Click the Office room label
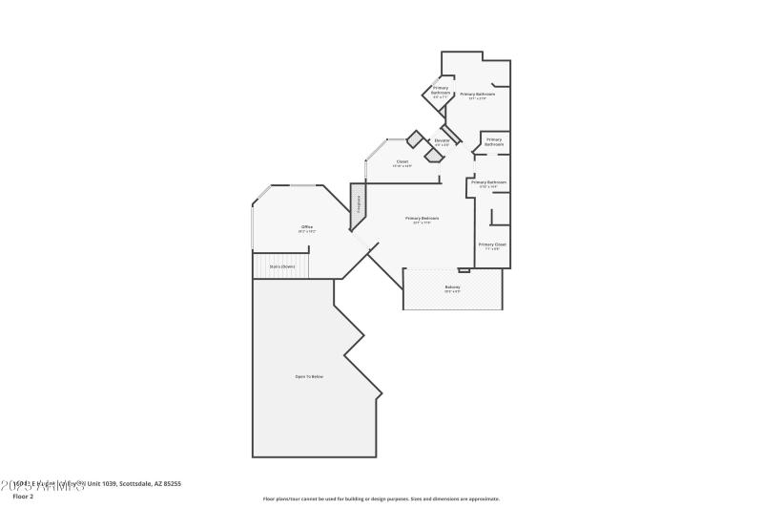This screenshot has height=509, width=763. (x=306, y=226)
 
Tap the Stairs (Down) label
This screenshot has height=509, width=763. (x=281, y=266)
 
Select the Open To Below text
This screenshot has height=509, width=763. (x=309, y=376)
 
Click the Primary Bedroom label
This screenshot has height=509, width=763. (x=422, y=218)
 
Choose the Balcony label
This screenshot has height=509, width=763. (x=452, y=286)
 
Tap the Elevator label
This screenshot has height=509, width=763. (x=442, y=140)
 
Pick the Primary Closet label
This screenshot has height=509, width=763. (x=492, y=244)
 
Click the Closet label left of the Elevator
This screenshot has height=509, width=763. (x=402, y=161)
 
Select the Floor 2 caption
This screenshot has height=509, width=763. (x=22, y=497)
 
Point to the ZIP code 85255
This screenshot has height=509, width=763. (x=171, y=484)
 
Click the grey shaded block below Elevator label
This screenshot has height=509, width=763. (x=435, y=154)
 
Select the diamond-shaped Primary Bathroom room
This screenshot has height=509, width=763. (x=440, y=93)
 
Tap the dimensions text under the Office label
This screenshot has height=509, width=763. (x=306, y=231)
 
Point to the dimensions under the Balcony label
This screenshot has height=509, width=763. (x=452, y=291)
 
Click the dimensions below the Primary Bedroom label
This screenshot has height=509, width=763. (x=422, y=223)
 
